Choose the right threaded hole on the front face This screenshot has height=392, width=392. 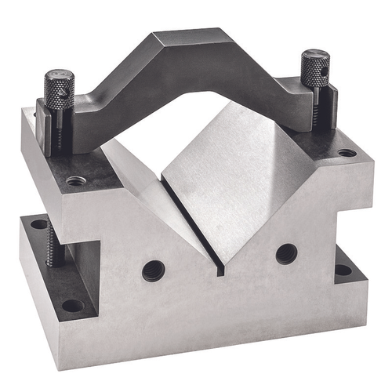coord(286,253)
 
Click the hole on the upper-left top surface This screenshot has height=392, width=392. coord(75,181)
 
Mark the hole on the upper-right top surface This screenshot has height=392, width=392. coord(346,152)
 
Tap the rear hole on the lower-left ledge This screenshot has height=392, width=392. coord(38,224)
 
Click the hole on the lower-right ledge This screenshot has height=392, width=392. coord(343,270)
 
